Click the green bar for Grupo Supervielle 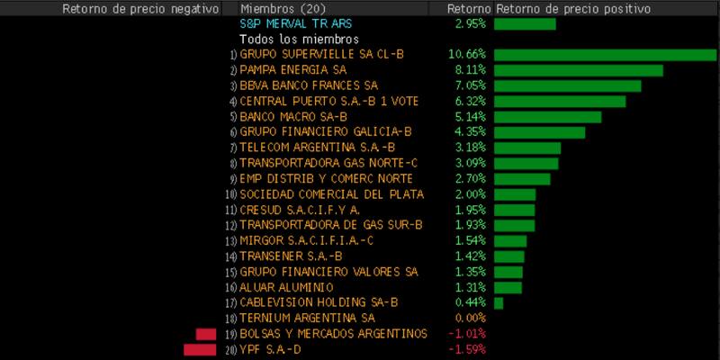(605, 55)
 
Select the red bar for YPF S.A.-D (200, 349)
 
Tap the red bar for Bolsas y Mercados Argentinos (206, 334)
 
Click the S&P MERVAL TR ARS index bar (525, 24)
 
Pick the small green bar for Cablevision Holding (499, 302)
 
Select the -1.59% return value (470, 349)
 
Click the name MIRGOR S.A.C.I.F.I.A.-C (306, 240)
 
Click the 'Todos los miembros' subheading (299, 40)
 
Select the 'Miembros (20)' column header (283, 8)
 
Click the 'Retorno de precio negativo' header (140, 8)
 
